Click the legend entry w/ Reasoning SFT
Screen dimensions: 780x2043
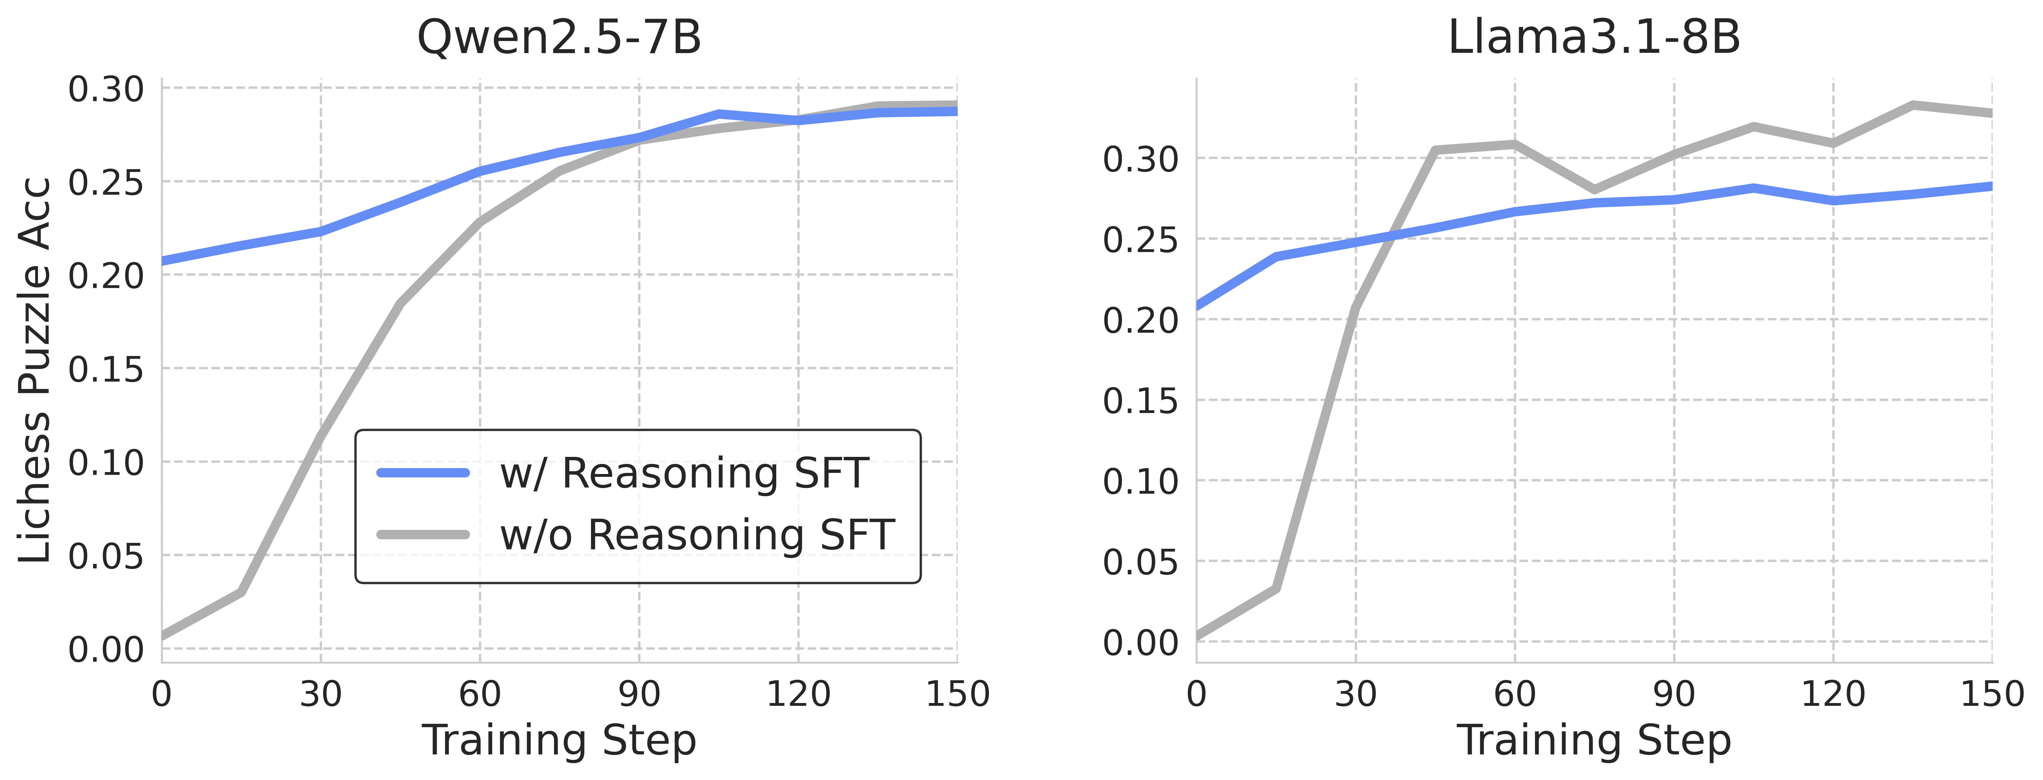tap(684, 473)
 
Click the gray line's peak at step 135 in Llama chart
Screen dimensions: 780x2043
tap(1913, 105)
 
